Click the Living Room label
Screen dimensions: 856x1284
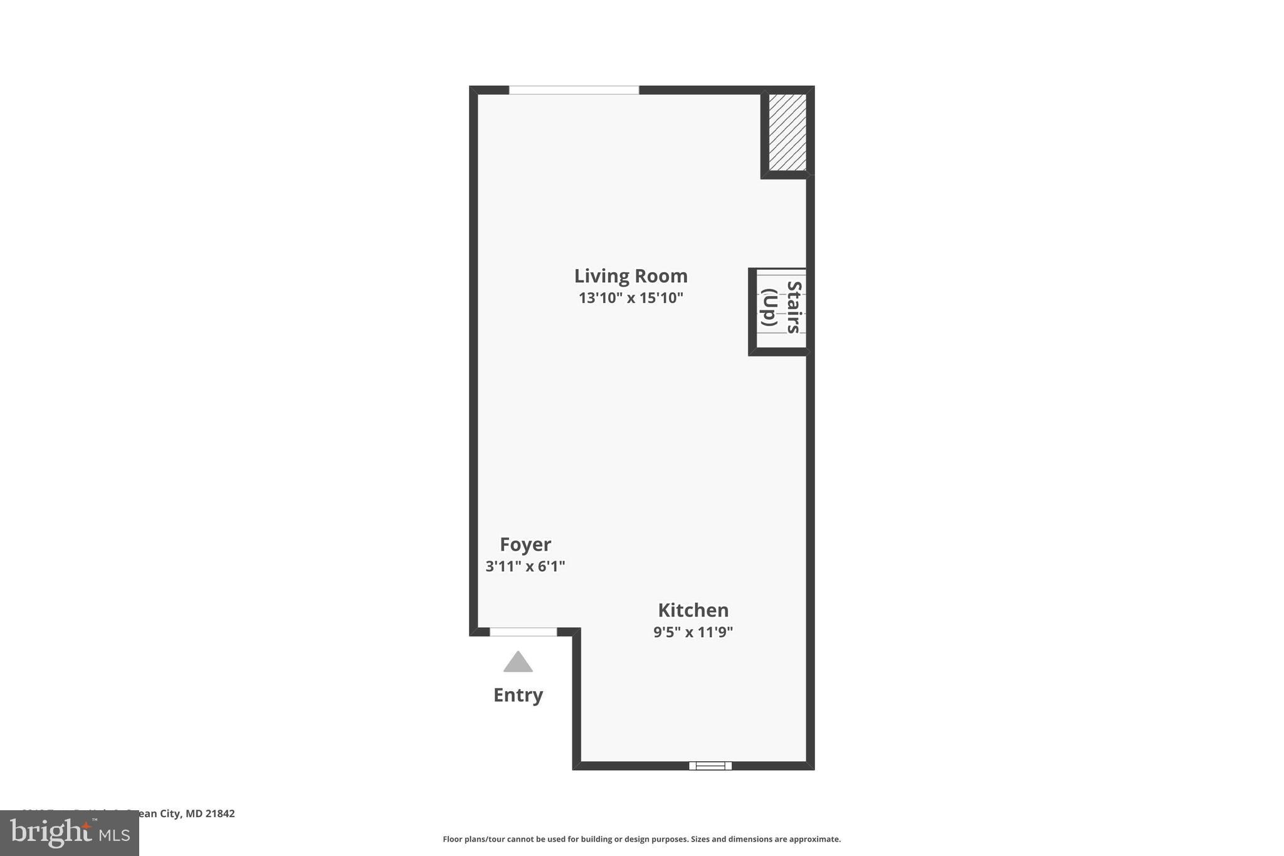(x=631, y=276)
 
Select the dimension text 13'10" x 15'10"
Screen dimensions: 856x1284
(x=631, y=298)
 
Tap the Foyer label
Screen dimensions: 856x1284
(x=525, y=544)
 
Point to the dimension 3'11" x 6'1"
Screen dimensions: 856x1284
(x=525, y=566)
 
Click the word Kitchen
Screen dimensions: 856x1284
(x=693, y=610)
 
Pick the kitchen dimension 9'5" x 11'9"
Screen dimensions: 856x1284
(x=693, y=632)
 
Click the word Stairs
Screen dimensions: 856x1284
(x=794, y=307)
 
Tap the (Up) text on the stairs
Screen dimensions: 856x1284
(x=769, y=307)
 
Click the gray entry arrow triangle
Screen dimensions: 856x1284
(x=518, y=663)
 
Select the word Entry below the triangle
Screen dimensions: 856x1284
(x=518, y=695)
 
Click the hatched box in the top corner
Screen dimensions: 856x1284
(x=787, y=132)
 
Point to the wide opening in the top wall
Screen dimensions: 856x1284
(x=574, y=90)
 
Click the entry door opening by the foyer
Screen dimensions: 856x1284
(x=523, y=631)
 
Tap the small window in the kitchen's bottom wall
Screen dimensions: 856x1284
(x=710, y=766)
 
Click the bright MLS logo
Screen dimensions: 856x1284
(x=69, y=833)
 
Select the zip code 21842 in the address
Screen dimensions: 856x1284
(x=220, y=813)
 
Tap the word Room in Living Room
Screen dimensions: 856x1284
(x=660, y=276)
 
